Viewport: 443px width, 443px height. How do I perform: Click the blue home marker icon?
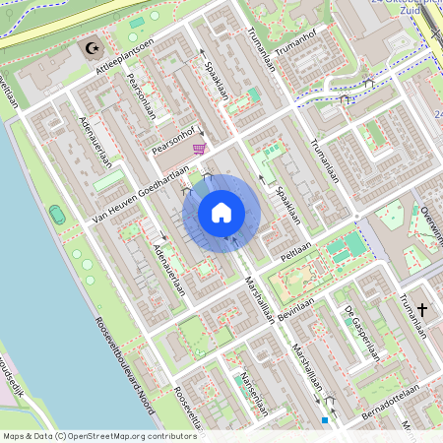221,212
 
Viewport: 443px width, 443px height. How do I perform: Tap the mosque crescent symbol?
94,46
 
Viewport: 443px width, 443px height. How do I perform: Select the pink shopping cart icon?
199,149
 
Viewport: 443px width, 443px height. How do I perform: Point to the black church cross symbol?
423,310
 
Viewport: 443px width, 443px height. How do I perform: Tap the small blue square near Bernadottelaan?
324,420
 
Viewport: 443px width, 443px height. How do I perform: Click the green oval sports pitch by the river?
57,214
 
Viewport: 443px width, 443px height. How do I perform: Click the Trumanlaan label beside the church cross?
412,315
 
